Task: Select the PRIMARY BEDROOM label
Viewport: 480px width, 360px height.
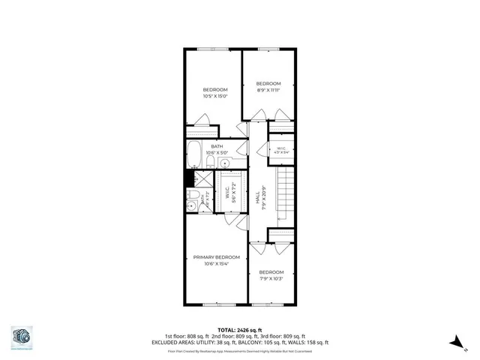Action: pyautogui.click(x=216, y=257)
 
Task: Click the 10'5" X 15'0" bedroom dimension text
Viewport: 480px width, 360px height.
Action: pyautogui.click(x=215, y=96)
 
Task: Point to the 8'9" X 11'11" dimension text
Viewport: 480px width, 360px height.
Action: pyautogui.click(x=268, y=90)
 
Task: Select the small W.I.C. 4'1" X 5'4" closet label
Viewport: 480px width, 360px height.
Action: pyautogui.click(x=281, y=149)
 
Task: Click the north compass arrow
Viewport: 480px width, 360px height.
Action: pyautogui.click(x=454, y=341)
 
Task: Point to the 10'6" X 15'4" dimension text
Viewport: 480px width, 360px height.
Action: pyautogui.click(x=216, y=264)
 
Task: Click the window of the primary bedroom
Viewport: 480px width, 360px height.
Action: pyautogui.click(x=217, y=303)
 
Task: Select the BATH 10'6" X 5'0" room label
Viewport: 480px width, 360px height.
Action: pyautogui.click(x=216, y=148)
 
